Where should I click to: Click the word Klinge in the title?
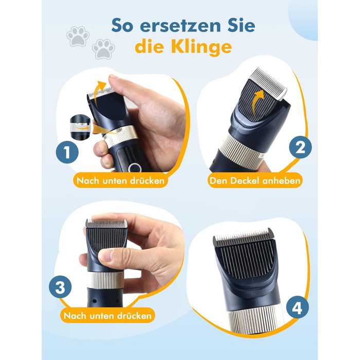pyautogui.click(x=202, y=47)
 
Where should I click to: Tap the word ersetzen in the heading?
pyautogui.click(x=180, y=26)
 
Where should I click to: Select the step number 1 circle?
pyautogui.click(x=67, y=152)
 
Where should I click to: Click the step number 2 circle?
pyautogui.click(x=300, y=147)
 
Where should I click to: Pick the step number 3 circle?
pyautogui.click(x=60, y=287)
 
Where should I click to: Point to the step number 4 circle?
pyautogui.click(x=297, y=307)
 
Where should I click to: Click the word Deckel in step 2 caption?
pyautogui.click(x=245, y=181)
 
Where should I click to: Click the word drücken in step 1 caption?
pyautogui.click(x=147, y=181)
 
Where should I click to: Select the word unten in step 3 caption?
pyautogui.click(x=102, y=316)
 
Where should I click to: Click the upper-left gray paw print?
pyautogui.click(x=78, y=37)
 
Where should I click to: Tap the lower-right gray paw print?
pyautogui.click(x=103, y=49)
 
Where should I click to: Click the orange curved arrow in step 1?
pyautogui.click(x=100, y=93)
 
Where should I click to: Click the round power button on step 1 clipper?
pyautogui.click(x=133, y=168)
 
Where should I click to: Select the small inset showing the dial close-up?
pyautogui.click(x=80, y=127)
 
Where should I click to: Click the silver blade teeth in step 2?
pyautogui.click(x=268, y=83)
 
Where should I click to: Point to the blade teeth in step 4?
pyautogui.click(x=243, y=238)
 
